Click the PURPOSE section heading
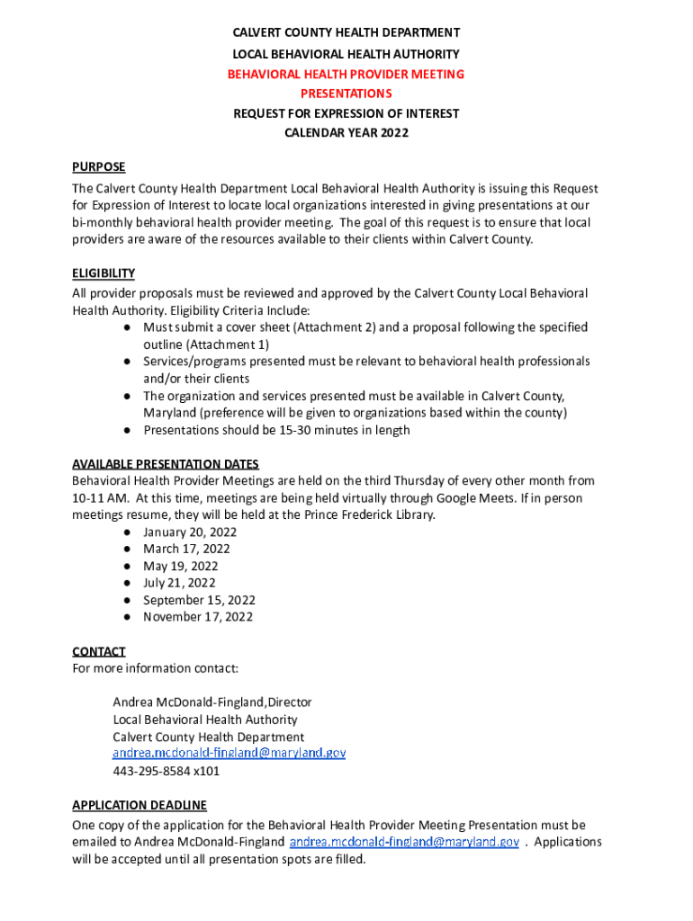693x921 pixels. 99,167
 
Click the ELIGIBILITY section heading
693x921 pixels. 103,273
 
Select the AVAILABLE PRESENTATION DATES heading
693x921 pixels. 166,464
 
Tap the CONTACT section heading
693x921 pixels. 99,651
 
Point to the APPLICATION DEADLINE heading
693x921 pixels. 139,805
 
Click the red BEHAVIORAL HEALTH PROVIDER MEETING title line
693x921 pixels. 346,74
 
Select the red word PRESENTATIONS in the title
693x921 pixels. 346,94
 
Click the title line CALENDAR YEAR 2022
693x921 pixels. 346,133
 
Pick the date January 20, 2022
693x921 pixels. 190,532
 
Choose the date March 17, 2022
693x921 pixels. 186,549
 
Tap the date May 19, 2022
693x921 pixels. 180,566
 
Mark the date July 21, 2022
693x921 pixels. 179,583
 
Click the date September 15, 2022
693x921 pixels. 199,600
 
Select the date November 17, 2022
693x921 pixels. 198,617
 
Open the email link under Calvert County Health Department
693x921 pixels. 229,754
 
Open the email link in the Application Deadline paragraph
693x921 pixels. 403,842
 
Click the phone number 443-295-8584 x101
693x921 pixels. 166,771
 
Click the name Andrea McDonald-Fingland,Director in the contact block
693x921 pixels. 212,702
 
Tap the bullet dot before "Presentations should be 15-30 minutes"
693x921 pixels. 130,430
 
